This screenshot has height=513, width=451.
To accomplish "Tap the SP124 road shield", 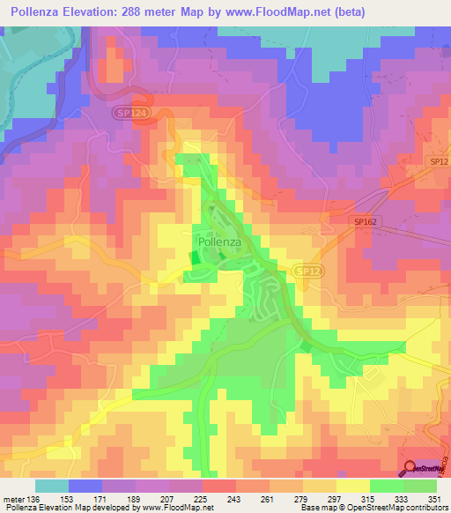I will pos(129,114).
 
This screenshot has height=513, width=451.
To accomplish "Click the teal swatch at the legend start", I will pos(51,487).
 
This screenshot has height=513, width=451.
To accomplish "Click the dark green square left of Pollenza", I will pos(194,257).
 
